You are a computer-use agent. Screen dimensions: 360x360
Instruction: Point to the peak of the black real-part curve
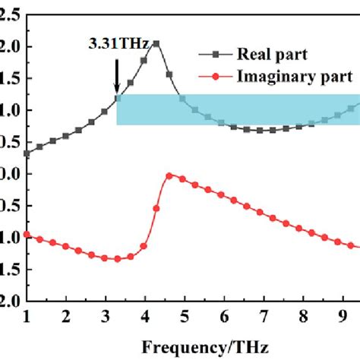point(156,43)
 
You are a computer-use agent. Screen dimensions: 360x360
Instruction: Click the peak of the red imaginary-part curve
point(169,175)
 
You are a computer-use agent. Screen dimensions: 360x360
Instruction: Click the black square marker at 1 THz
point(27,153)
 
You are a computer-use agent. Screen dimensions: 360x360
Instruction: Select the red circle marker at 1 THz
point(27,235)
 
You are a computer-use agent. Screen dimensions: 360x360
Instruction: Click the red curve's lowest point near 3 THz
point(117,259)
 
